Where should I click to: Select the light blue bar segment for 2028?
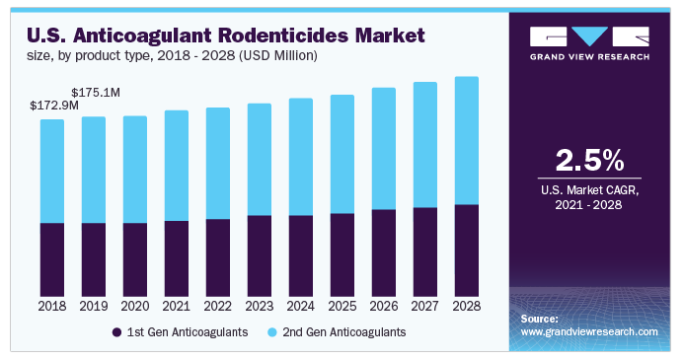click(466, 140)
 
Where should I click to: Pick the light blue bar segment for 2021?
click(177, 166)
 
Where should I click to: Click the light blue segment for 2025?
click(342, 154)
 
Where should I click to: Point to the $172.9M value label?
click(53, 105)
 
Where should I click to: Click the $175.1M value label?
click(95, 92)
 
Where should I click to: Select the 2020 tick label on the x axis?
click(135, 307)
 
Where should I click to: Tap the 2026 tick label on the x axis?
click(383, 307)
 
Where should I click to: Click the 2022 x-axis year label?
click(218, 307)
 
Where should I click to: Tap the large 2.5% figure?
click(589, 161)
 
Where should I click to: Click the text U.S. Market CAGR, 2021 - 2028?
click(589, 195)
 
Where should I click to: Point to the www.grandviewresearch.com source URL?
click(589, 332)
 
